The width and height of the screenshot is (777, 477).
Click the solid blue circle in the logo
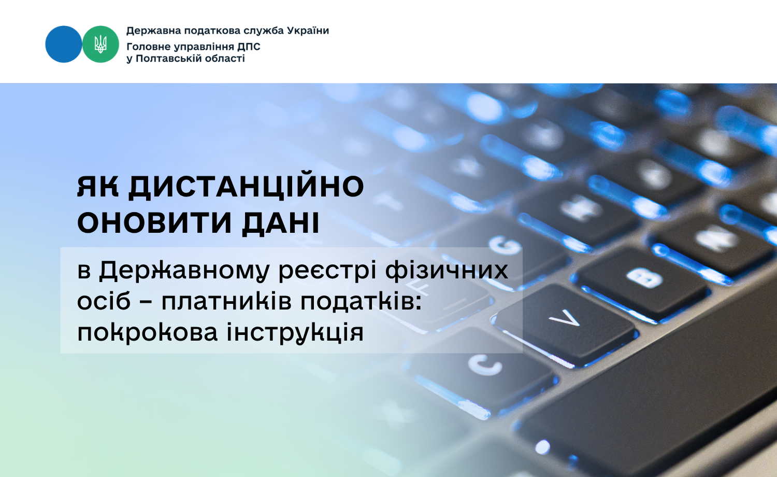click(x=64, y=44)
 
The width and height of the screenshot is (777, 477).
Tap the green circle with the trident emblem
click(x=100, y=44)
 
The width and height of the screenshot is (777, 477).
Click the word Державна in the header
click(x=153, y=31)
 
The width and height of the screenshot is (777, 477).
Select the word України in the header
click(x=308, y=31)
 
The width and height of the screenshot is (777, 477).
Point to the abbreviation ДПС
click(x=249, y=47)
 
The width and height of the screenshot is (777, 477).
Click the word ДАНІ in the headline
click(x=280, y=223)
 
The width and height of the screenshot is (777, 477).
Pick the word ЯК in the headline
click(x=97, y=187)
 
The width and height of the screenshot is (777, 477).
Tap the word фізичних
click(x=447, y=270)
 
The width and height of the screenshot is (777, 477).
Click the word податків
click(x=361, y=301)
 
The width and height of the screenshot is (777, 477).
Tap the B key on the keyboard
click(x=644, y=278)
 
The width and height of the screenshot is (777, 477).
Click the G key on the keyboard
click(x=507, y=248)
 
